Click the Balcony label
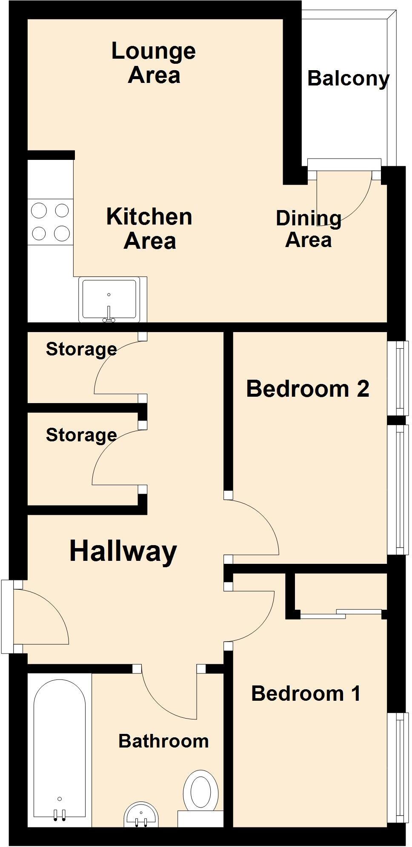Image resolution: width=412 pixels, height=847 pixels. click(x=348, y=79)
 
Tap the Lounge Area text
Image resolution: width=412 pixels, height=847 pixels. click(x=154, y=63)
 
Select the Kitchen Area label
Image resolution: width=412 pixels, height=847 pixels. click(x=149, y=229)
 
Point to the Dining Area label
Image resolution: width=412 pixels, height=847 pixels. click(x=309, y=229)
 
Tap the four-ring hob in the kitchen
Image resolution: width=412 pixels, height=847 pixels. click(x=51, y=222)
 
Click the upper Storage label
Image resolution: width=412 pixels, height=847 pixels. click(x=81, y=349)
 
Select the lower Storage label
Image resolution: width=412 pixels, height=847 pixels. click(x=81, y=435)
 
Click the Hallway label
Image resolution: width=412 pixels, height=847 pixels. click(x=123, y=551)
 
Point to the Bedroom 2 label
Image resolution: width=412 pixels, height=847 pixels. click(x=308, y=389)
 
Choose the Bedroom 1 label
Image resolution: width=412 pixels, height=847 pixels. click(x=306, y=694)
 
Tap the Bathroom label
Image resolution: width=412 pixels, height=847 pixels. click(x=163, y=742)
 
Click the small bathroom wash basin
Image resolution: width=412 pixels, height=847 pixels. click(x=141, y=815)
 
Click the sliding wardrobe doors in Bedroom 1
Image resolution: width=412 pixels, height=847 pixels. click(x=340, y=614)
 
